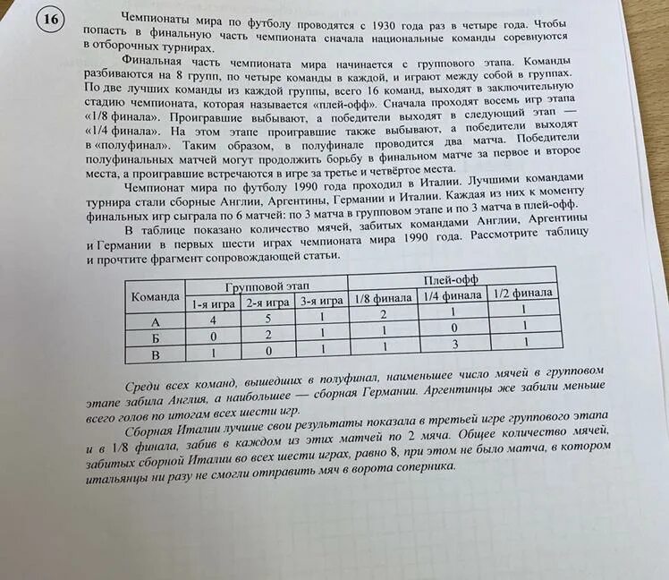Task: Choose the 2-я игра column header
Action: click(267, 303)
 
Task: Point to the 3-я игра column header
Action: click(320, 302)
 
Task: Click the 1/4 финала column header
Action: click(452, 295)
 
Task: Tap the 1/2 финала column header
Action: click(523, 293)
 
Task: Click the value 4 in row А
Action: click(213, 320)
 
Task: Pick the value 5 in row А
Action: click(267, 319)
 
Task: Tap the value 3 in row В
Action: click(454, 344)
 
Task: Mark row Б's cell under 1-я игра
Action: click(213, 337)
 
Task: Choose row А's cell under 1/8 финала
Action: click(383, 315)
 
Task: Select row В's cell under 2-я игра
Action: click(267, 352)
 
